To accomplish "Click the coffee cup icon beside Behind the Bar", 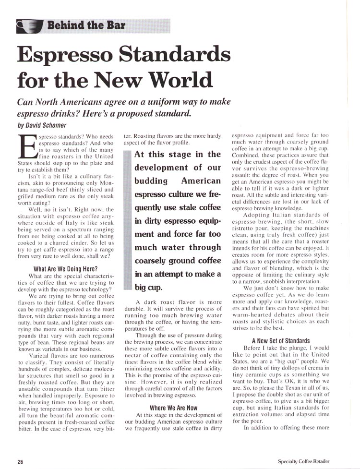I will (28, 24).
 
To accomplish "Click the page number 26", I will (21, 461).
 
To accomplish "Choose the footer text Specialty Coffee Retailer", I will (303, 461).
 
